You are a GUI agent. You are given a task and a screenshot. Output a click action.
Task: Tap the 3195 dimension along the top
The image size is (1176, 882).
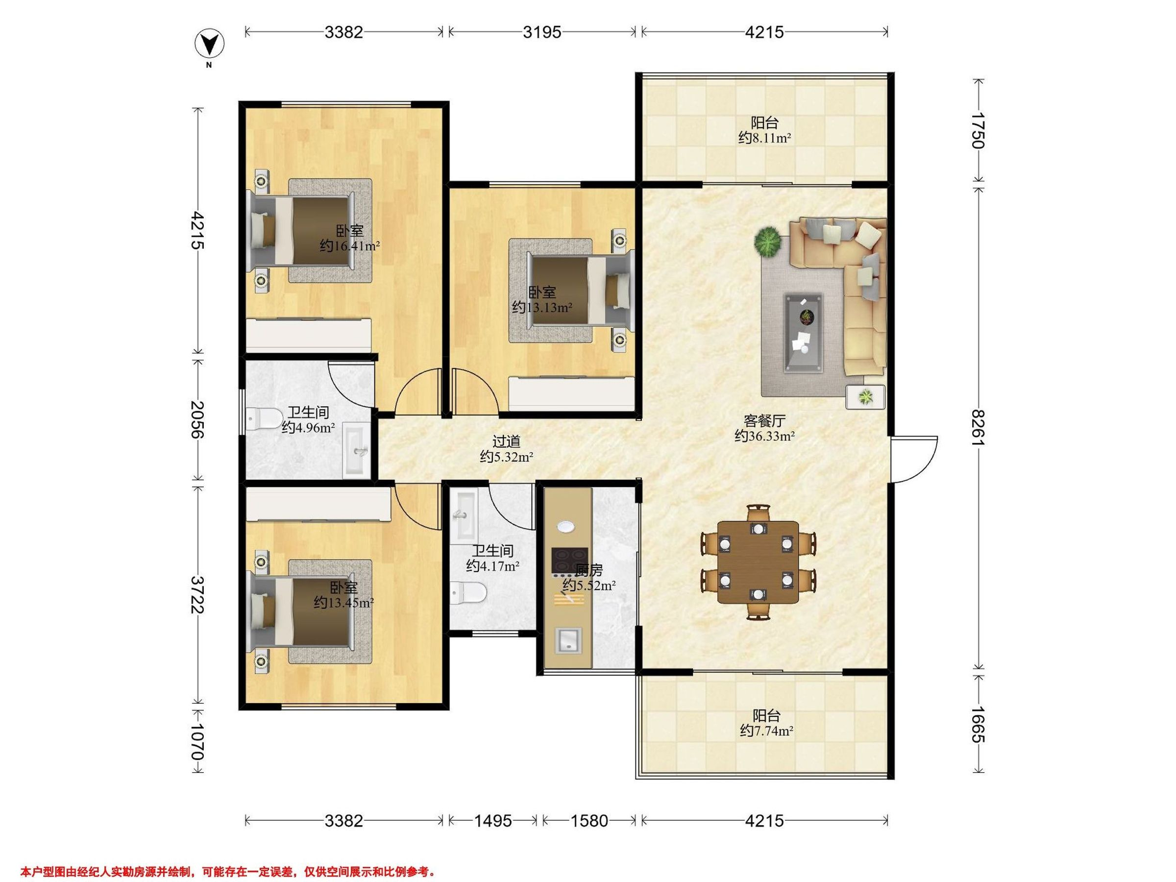pos(542,33)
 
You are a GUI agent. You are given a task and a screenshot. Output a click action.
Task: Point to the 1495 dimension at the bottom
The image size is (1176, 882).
pos(492,821)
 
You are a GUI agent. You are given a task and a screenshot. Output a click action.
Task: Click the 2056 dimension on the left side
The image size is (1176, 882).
pos(198,419)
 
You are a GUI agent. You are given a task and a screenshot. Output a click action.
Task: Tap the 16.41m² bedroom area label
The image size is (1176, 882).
pos(350,246)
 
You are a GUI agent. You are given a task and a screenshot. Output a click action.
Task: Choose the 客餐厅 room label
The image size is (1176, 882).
pos(764,421)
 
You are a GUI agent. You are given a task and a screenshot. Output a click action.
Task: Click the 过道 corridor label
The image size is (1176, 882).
pos(506,441)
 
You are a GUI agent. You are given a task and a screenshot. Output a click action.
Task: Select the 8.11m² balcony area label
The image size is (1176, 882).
pos(765,138)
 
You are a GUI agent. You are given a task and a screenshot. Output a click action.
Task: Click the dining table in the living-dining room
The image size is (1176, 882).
pos(758,563)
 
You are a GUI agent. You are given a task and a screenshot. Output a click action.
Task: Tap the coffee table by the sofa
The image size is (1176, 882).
pos(805,332)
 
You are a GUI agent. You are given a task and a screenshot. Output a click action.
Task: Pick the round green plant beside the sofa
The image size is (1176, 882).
pos(767,242)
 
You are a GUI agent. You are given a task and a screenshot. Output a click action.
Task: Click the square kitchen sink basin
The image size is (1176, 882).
pos(569,640)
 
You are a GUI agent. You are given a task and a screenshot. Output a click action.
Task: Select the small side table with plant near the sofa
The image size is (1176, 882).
pos(865,396)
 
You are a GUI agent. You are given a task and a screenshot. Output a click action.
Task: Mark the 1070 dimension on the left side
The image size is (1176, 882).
pos(198,740)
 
